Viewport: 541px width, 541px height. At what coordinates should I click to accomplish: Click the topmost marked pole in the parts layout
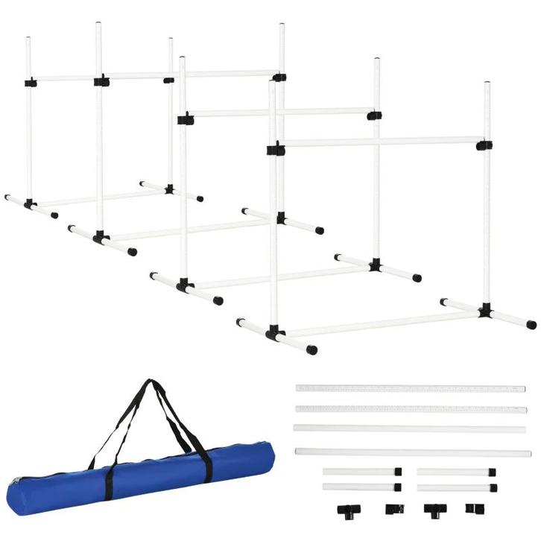tap(410, 388)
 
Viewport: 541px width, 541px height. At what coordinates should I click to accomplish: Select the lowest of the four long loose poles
tap(413, 452)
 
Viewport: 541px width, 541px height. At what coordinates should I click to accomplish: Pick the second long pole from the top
tap(410, 408)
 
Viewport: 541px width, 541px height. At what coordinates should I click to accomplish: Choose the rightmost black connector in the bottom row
tap(472, 508)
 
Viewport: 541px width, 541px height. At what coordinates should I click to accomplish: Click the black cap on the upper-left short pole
tap(398, 471)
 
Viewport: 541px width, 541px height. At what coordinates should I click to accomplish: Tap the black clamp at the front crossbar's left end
tap(276, 149)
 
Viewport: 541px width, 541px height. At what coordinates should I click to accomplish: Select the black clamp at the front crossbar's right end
tap(484, 145)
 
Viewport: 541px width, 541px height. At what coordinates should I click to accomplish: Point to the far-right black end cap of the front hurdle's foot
tap(531, 325)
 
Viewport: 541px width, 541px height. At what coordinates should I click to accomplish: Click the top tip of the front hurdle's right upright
tap(487, 83)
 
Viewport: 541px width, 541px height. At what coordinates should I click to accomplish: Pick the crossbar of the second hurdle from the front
tap(279, 113)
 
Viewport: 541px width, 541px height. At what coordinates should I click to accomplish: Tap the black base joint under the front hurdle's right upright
tap(486, 310)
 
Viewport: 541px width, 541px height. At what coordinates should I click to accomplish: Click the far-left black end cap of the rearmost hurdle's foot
tap(7, 197)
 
